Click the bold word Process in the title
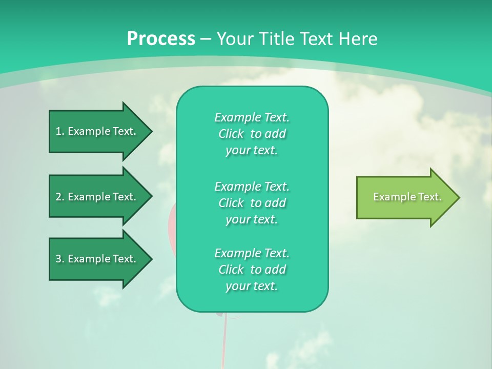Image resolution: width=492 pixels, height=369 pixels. [161, 38]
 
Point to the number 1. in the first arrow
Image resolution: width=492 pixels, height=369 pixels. [60, 131]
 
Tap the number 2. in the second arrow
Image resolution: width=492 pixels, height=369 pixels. [60, 197]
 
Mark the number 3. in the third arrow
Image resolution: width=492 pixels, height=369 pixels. [60, 259]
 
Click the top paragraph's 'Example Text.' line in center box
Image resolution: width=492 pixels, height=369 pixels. [252, 117]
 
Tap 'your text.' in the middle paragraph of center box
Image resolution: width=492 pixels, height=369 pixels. [252, 219]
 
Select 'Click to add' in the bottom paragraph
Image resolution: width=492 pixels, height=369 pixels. [252, 270]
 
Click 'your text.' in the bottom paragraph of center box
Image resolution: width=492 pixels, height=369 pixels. [252, 286]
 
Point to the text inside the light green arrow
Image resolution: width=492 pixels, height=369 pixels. [407, 197]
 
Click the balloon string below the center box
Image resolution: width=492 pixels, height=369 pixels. [224, 338]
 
